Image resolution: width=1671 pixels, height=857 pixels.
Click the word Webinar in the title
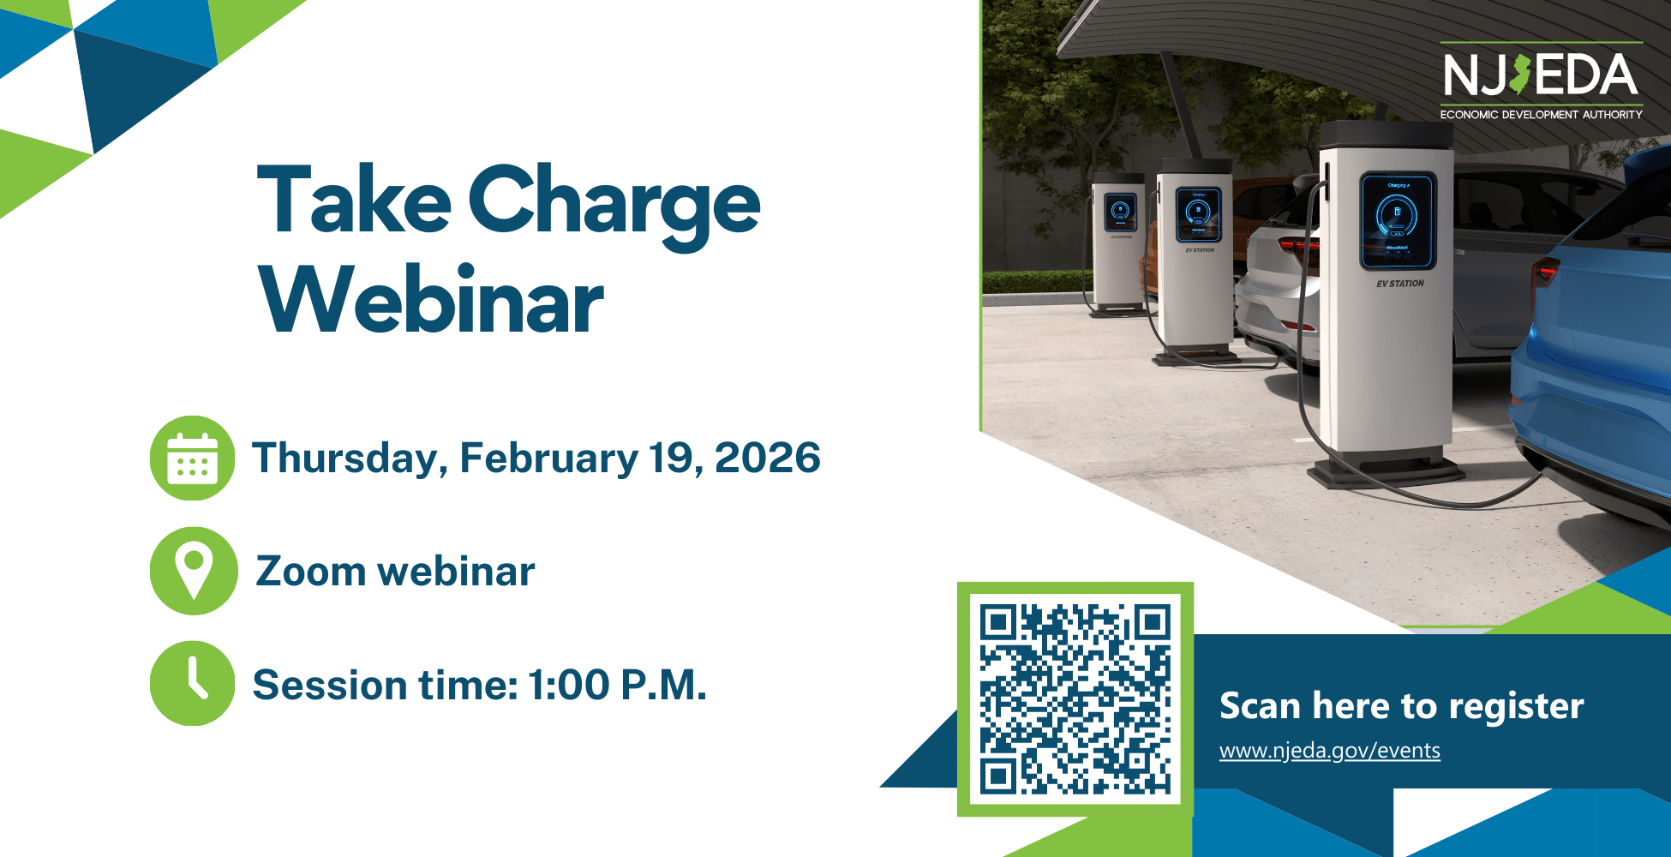tap(432, 300)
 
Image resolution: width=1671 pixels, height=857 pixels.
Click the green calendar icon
tap(192, 458)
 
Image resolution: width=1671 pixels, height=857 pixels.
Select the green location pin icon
tap(193, 571)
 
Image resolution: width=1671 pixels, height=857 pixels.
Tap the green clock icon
tap(192, 683)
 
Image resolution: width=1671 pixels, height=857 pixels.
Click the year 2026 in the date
tap(768, 458)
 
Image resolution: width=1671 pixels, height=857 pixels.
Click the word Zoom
tap(311, 572)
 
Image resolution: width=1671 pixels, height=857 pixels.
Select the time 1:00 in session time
tap(568, 685)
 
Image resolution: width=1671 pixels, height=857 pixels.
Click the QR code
tap(1075, 699)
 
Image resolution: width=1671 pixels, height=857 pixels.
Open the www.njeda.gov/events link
tap(1330, 751)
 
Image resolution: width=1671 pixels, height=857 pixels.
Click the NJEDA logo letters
tap(1541, 75)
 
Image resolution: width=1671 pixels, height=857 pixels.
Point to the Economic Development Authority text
tap(1541, 114)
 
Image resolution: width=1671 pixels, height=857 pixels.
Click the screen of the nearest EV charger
tap(1398, 219)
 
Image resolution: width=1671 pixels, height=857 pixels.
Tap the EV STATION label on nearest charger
tap(1400, 284)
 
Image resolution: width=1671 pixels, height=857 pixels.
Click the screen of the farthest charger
tap(1121, 211)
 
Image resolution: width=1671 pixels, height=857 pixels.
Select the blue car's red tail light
tap(1545, 273)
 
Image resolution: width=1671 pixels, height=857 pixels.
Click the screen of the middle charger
tap(1198, 214)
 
